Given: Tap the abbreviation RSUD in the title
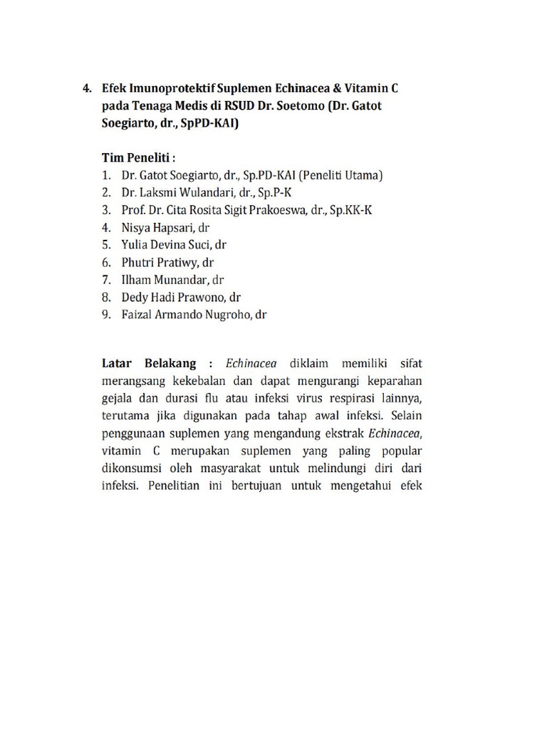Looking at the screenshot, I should pyautogui.click(x=245, y=105).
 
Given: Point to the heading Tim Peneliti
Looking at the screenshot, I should pyautogui.click(x=138, y=157).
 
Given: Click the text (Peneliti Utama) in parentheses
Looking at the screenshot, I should pyautogui.click(x=341, y=175).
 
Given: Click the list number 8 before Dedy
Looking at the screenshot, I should pyautogui.click(x=105, y=297).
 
